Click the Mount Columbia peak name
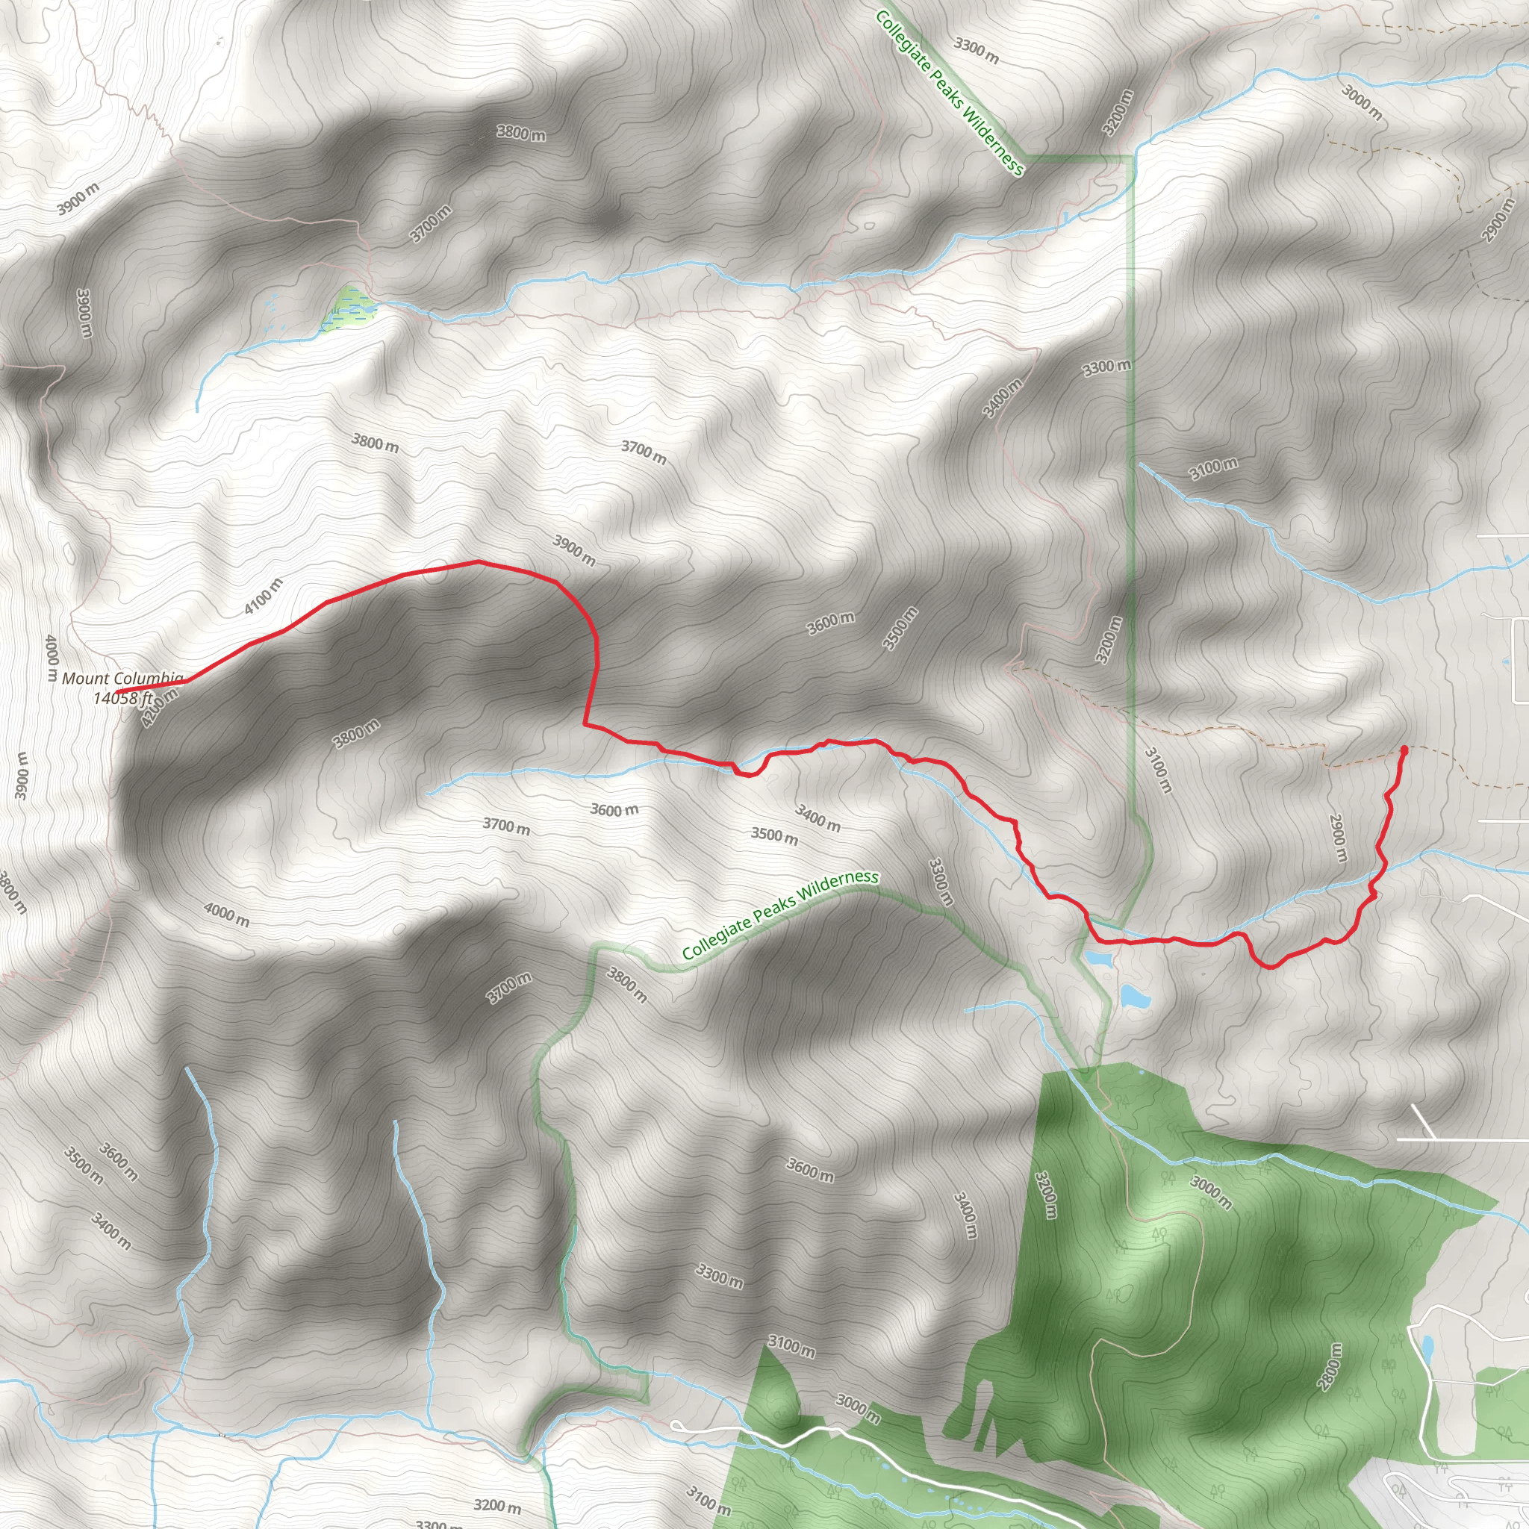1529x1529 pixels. click(x=122, y=678)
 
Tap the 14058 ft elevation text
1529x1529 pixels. click(x=122, y=697)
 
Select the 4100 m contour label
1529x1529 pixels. click(x=263, y=596)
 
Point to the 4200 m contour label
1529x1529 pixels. click(x=159, y=707)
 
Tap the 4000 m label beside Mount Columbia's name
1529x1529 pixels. click(x=52, y=658)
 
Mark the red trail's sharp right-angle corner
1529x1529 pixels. click(x=585, y=723)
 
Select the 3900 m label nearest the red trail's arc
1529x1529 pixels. click(x=574, y=549)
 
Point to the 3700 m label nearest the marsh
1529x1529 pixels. click(x=432, y=224)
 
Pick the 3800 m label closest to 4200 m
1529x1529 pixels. click(x=356, y=734)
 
